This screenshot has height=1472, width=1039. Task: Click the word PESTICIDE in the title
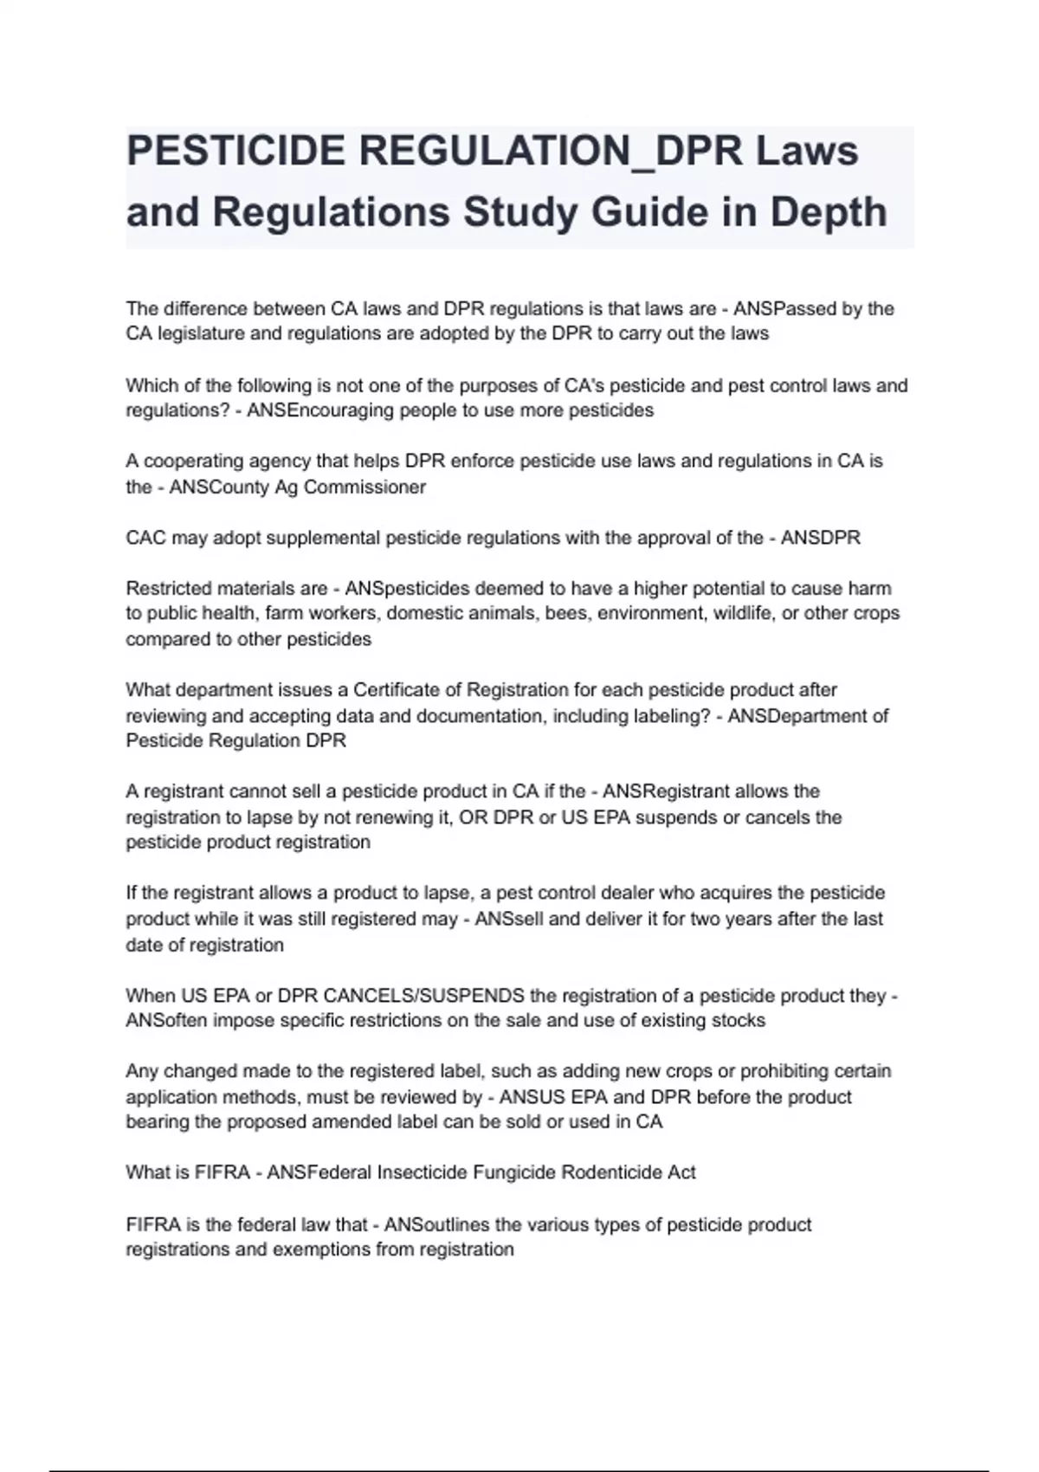coord(236,152)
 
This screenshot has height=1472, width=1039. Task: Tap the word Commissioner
coord(365,487)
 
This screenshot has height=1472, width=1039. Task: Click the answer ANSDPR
coord(821,538)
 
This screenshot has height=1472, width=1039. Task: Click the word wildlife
coord(749,614)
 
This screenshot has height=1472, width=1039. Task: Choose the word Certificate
coord(408,690)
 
